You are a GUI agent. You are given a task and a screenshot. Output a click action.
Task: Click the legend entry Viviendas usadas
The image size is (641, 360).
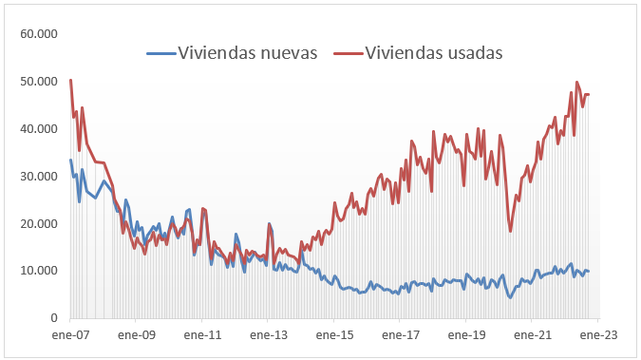[x=433, y=52]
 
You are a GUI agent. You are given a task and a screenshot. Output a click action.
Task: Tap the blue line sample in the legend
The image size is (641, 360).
[x=161, y=53]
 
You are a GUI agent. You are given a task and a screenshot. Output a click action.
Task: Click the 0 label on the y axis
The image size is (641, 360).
[x=54, y=318]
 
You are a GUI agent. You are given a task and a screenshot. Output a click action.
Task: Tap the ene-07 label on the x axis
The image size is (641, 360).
[x=70, y=335]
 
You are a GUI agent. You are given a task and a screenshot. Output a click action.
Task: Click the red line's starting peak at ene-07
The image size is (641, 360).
[x=71, y=80]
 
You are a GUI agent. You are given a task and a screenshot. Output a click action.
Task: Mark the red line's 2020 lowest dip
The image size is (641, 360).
[x=510, y=231]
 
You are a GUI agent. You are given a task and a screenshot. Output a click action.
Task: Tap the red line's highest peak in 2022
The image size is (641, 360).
[x=577, y=82]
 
